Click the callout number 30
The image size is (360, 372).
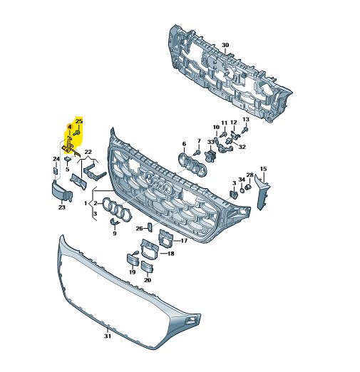coord(225,45)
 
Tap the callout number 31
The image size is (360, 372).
coord(108,336)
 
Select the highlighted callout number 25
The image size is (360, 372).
coord(79,121)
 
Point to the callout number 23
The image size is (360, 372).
coord(62,207)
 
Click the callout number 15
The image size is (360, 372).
coord(263,169)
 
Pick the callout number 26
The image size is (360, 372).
coord(139,229)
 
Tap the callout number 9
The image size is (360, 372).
coord(115,233)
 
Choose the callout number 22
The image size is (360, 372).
coord(88,152)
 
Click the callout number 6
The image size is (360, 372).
coord(184,144)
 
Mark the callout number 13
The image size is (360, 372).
coord(246,119)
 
